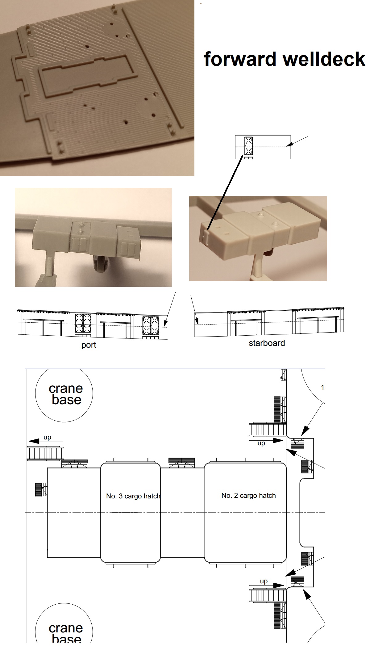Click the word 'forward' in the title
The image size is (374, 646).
(240, 59)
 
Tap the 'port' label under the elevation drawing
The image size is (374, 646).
(89, 345)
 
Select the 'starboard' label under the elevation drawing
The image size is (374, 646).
(267, 343)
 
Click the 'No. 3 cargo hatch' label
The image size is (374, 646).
(133, 496)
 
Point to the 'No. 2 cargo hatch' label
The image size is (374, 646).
(248, 496)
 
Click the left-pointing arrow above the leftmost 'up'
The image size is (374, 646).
(45, 441)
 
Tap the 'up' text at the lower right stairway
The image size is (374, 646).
(264, 581)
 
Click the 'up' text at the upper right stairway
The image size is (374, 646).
(261, 443)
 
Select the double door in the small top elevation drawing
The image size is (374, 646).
(248, 146)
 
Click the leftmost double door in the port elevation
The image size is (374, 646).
(83, 323)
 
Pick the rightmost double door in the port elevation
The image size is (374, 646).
(150, 326)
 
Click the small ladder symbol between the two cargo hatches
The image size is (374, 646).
(182, 462)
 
